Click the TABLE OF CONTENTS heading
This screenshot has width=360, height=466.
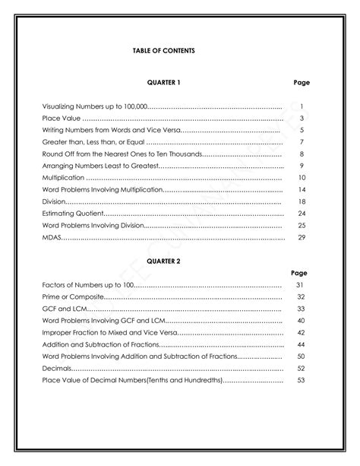tap(163, 50)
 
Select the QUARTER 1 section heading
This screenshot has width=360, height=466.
tap(163, 81)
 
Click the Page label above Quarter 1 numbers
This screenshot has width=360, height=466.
tap(301, 81)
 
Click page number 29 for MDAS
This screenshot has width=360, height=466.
tap(302, 237)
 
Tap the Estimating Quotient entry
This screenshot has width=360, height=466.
tap(68, 214)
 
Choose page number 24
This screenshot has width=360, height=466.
tap(302, 214)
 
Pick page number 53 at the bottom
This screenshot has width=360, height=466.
tap(301, 379)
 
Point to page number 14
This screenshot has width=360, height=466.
tap(302, 189)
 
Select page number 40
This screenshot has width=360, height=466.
tap(301, 320)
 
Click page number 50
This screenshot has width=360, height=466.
tap(301, 356)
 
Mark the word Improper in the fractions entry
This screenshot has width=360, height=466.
tap(57, 332)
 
